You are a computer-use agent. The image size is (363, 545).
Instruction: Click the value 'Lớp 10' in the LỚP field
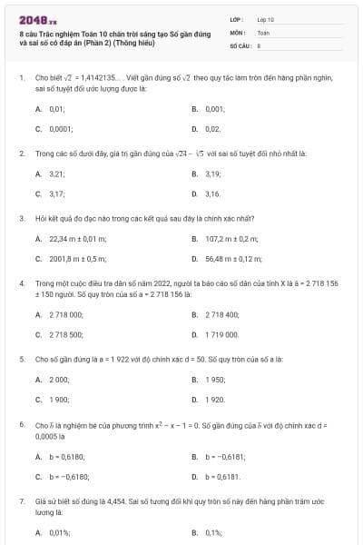tap(266, 18)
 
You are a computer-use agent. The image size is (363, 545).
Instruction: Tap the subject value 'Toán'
tap(263, 31)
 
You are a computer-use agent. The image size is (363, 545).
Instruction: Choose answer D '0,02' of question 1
tap(213, 129)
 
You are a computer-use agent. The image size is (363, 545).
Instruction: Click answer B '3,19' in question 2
tap(213, 173)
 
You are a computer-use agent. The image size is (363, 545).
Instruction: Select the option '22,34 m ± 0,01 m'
tap(77, 238)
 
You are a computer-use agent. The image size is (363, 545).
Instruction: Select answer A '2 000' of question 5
tap(58, 379)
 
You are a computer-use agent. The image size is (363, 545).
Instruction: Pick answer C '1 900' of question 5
tap(58, 400)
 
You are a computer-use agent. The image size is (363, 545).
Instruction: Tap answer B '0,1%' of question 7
tap(213, 532)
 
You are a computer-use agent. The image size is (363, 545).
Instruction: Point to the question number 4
tap(21, 283)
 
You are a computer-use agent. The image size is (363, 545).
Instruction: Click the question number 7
tap(21, 500)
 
